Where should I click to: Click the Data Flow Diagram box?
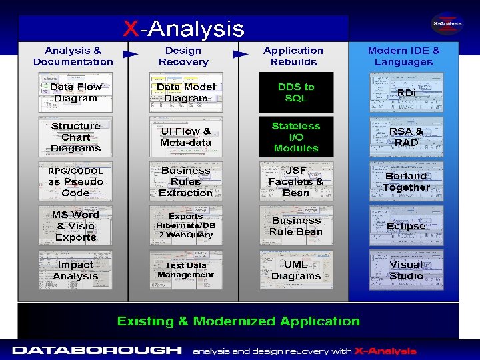click(75, 93)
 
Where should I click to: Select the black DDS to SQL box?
click(296, 93)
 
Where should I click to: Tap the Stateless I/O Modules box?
click(296, 137)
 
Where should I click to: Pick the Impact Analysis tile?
click(75, 270)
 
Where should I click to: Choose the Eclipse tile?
click(406, 225)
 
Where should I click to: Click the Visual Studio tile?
click(406, 270)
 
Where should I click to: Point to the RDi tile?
click(406, 93)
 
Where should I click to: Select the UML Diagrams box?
click(296, 270)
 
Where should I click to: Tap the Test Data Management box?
click(186, 270)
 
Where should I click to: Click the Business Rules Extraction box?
click(186, 181)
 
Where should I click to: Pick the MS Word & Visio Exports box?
click(75, 225)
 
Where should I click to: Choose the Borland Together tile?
click(406, 181)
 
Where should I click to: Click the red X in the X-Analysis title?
click(131, 29)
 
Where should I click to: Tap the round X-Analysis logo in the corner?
click(447, 23)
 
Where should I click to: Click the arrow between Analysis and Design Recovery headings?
click(130, 54)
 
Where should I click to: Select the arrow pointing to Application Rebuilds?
click(240, 54)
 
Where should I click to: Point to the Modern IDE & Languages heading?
click(404, 56)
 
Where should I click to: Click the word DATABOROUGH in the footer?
click(97, 350)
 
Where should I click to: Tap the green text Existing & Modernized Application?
click(239, 321)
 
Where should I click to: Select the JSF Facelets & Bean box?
click(296, 181)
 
